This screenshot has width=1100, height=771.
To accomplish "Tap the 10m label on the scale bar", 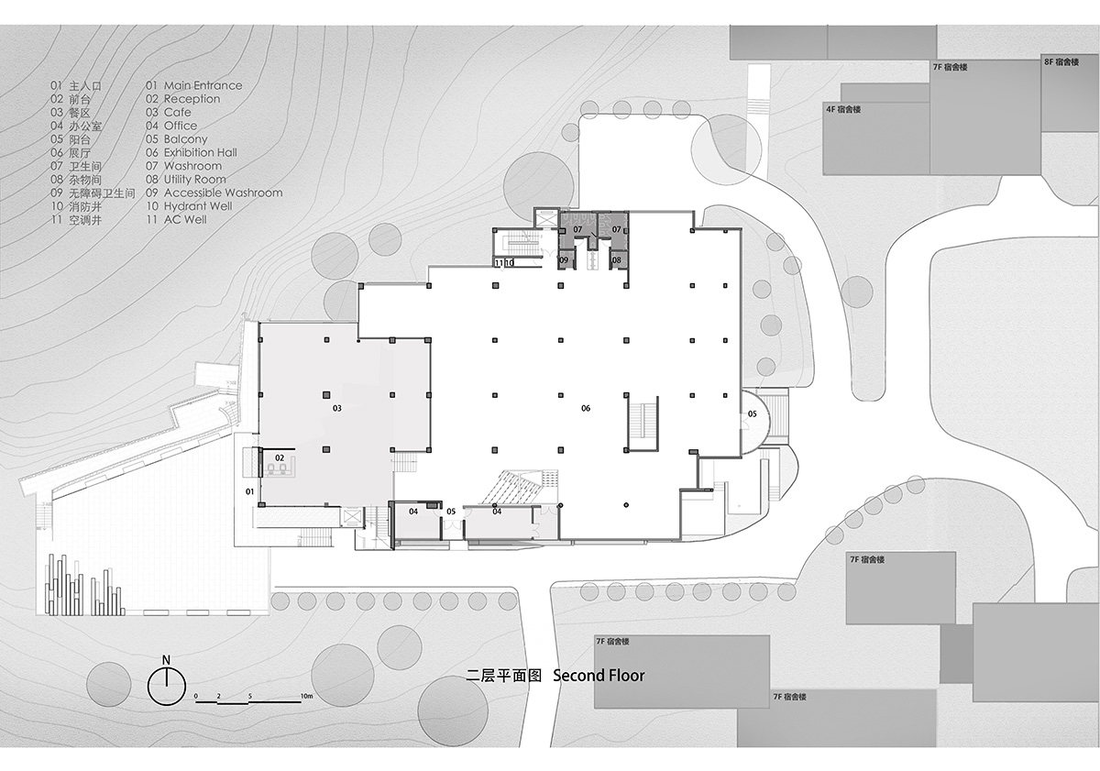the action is (x=306, y=696).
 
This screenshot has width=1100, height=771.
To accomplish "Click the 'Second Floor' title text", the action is (x=599, y=676).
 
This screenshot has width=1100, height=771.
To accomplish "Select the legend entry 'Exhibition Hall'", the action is (x=201, y=153).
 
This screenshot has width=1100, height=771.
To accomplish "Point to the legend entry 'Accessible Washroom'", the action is (x=224, y=193).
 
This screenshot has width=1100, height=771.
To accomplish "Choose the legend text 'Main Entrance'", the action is (x=203, y=85).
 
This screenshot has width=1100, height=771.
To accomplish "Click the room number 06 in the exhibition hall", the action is (x=586, y=408).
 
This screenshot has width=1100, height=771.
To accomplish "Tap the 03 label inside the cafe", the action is (x=337, y=408).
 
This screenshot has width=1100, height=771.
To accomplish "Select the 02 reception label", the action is (x=280, y=457).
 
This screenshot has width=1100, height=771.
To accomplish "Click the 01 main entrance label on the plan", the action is (x=250, y=491).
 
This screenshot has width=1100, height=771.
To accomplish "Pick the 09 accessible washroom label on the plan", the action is (x=564, y=260).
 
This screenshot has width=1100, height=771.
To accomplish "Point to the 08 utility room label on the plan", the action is (x=616, y=260).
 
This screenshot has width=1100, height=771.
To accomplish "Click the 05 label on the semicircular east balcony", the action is (x=753, y=414).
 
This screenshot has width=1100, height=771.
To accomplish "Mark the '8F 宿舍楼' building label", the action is (x=1061, y=61).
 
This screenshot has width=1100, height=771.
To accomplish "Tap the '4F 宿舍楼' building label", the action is (x=843, y=109).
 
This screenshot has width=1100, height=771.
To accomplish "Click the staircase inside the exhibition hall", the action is (x=643, y=424).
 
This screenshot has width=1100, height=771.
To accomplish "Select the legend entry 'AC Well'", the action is (x=185, y=220).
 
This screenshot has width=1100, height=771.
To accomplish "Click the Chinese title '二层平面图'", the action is (x=503, y=676).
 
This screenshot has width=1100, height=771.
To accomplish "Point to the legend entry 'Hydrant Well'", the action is (x=198, y=206).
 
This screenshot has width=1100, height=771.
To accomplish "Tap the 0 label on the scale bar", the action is (x=196, y=697).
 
